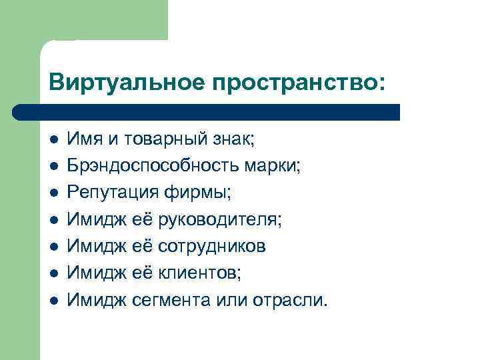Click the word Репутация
click(113, 193)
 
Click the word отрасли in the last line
click(291, 299)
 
